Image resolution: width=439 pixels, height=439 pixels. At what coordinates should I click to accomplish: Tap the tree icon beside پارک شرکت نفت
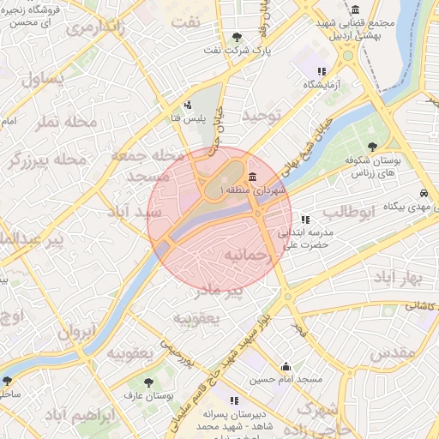pyautogui.click(x=237, y=37)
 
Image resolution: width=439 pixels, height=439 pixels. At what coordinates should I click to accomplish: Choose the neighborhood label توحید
pyautogui.click(x=262, y=115)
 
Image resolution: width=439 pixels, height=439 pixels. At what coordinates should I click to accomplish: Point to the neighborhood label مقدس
pyautogui.click(x=395, y=352)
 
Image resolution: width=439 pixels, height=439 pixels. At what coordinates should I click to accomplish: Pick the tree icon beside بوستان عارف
pyautogui.click(x=150, y=382)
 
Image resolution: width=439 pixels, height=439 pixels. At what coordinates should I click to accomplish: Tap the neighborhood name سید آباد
pyautogui.click(x=135, y=211)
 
